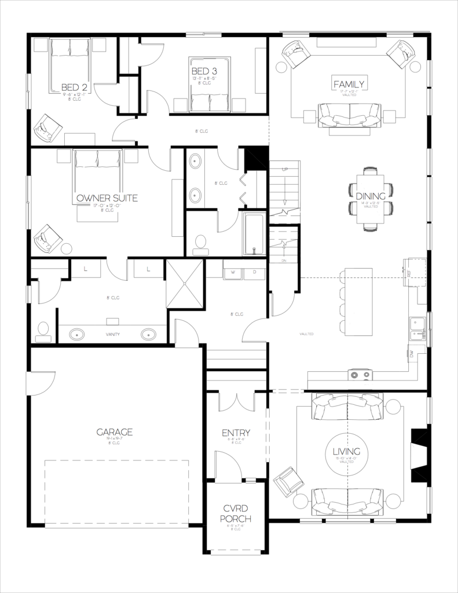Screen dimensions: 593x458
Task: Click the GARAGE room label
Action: pyautogui.click(x=115, y=431)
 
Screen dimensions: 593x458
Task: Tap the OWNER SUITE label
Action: pyautogui.click(x=107, y=198)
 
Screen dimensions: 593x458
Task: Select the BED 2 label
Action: pyautogui.click(x=74, y=87)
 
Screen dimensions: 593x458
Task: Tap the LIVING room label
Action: pyautogui.click(x=347, y=452)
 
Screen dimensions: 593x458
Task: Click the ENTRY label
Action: pyautogui.click(x=236, y=433)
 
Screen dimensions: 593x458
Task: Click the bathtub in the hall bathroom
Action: pyautogui.click(x=254, y=234)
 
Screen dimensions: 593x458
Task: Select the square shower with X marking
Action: pyautogui.click(x=185, y=284)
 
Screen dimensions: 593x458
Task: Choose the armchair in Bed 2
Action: pyautogui.click(x=46, y=128)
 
